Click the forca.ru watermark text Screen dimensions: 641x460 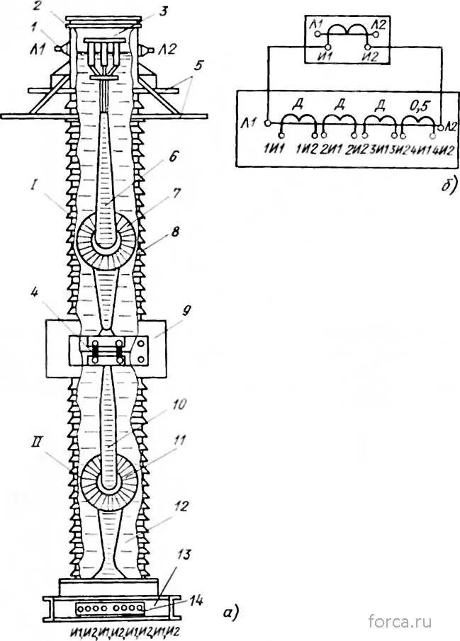click(400, 621)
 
